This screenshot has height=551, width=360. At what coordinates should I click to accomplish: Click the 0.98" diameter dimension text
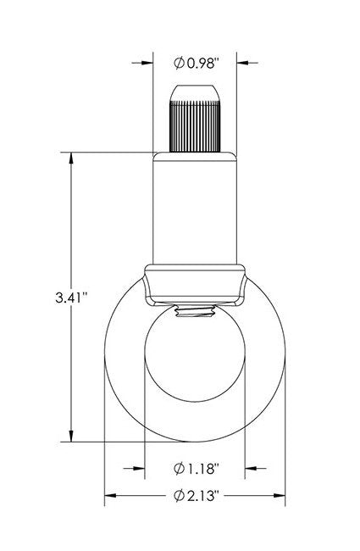point(201,62)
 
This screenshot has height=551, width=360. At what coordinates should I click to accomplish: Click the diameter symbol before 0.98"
point(179,62)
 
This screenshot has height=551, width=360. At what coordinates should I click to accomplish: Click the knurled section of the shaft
point(196,124)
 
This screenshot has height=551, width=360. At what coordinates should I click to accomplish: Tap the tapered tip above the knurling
point(196,91)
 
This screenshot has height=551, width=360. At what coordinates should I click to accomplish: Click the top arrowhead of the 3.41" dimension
point(71,159)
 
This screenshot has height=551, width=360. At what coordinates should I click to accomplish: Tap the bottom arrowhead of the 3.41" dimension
point(71,436)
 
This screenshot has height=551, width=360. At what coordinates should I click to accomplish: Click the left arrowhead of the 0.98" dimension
point(147,62)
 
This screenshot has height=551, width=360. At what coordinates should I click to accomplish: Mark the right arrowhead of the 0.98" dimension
point(244,62)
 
